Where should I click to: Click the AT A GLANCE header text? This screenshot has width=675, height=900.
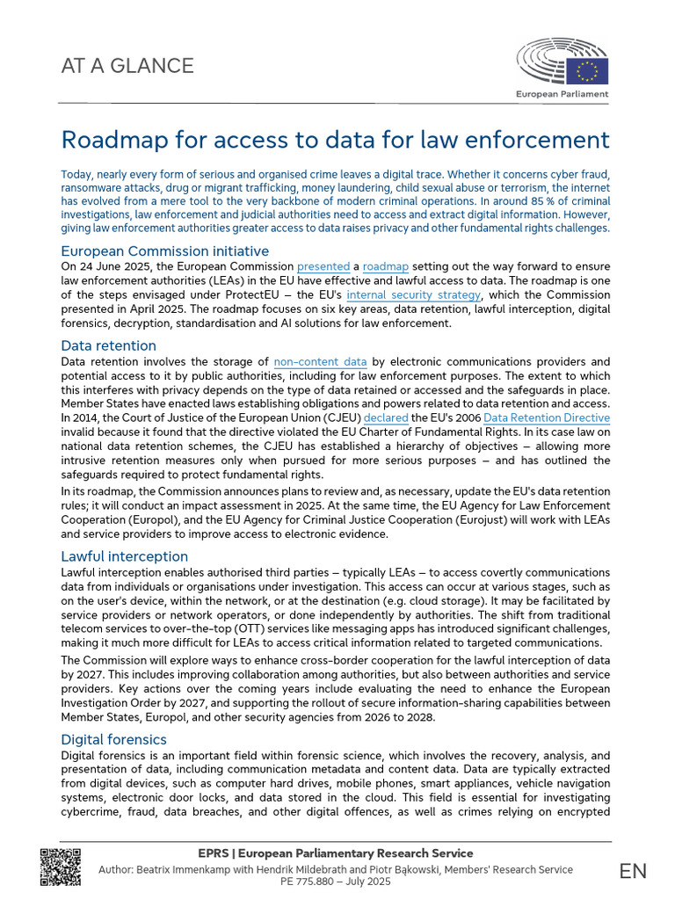(127, 66)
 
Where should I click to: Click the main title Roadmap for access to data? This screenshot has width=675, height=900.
(335, 140)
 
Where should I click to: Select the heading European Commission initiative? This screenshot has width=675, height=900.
(164, 250)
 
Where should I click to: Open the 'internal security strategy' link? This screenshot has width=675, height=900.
(413, 294)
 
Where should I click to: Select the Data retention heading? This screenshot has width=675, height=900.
(108, 345)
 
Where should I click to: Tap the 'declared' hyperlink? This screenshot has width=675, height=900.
(387, 417)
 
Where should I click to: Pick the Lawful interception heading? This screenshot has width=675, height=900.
(124, 556)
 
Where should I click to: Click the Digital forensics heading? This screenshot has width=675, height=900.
(113, 739)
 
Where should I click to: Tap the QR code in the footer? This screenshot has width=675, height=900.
(61, 867)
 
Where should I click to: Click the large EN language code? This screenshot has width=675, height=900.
(632, 870)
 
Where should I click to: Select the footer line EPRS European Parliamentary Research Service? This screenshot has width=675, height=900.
(337, 853)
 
